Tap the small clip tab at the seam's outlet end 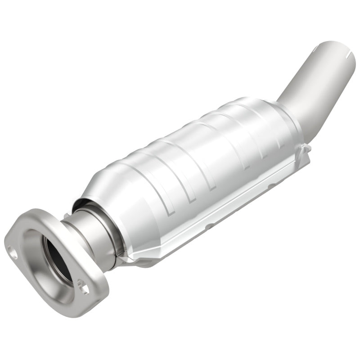click(x=306, y=148)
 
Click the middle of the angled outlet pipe click(x=310, y=83)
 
